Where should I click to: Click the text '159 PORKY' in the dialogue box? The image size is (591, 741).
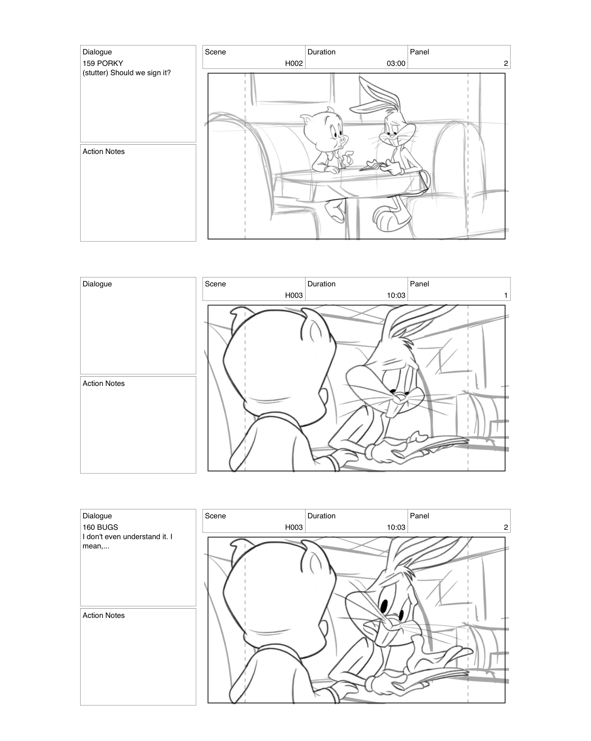point(103,63)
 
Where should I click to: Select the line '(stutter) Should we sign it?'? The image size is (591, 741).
point(126,73)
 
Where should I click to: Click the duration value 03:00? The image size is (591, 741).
point(396,63)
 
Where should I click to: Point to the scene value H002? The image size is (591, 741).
point(294,63)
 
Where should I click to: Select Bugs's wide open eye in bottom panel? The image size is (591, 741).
point(384,606)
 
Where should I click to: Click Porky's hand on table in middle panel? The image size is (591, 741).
point(344,456)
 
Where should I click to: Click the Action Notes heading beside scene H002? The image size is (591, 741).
point(104,151)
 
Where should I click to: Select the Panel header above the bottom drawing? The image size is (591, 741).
point(419,516)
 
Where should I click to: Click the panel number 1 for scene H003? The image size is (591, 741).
point(505,295)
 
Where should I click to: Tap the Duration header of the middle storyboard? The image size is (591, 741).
point(321,284)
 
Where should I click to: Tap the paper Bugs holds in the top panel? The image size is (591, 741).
point(373,165)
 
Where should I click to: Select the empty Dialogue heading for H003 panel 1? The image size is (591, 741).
point(97,284)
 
